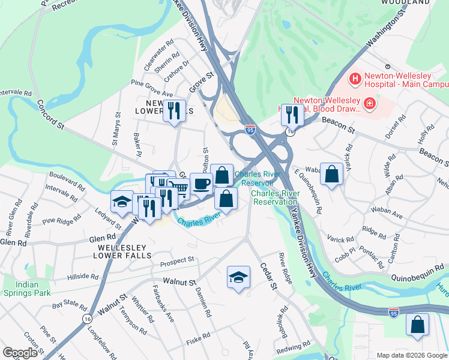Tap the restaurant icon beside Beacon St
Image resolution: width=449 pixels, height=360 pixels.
point(292,113)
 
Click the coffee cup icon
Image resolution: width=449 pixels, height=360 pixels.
point(202,183)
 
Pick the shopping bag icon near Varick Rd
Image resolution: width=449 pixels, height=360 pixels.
point(331,174)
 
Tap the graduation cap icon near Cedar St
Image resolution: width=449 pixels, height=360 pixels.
point(238,277)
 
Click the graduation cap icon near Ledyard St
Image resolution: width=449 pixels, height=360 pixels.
point(122,201)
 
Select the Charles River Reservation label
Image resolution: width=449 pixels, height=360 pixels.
point(275,197)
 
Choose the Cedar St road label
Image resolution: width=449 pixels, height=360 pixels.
point(268,277)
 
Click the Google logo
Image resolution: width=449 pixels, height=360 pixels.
point(20,352)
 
